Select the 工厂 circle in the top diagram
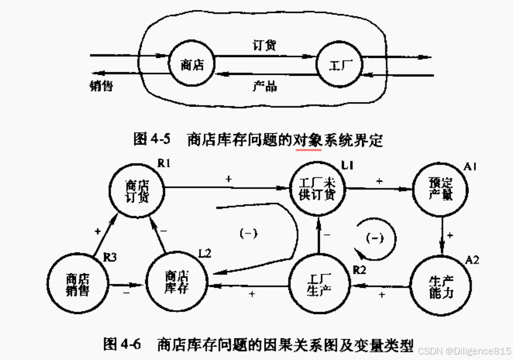(x=340, y=65)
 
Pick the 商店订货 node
(x=137, y=189)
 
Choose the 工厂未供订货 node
(x=317, y=188)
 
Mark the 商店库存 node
(x=176, y=282)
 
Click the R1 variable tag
(x=164, y=163)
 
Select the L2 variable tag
(x=205, y=254)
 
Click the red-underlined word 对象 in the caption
(x=308, y=139)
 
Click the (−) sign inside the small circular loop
(x=375, y=238)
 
